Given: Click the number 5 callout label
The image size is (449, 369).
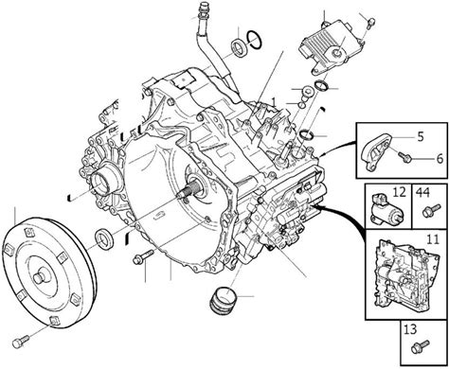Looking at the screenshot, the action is click(x=420, y=137).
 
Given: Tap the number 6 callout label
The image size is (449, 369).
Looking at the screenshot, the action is click(x=440, y=158).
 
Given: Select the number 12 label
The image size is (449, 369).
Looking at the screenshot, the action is click(x=399, y=192).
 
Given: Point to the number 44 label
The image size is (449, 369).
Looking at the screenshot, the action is click(x=422, y=192).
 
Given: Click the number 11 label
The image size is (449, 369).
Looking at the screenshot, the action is click(x=433, y=239).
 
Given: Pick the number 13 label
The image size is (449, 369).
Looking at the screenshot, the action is click(x=410, y=329).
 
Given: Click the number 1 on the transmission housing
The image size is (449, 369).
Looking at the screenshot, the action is click(x=274, y=101).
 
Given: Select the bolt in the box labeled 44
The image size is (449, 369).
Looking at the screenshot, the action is click(x=431, y=211).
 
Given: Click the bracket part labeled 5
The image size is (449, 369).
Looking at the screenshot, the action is click(x=378, y=152).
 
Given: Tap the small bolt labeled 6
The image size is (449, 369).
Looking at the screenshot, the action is click(x=404, y=156).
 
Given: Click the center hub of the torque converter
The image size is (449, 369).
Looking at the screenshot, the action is click(x=40, y=277).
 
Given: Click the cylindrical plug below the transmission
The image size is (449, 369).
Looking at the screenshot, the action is click(x=223, y=300).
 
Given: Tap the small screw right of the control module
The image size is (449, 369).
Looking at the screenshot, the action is click(x=371, y=23).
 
